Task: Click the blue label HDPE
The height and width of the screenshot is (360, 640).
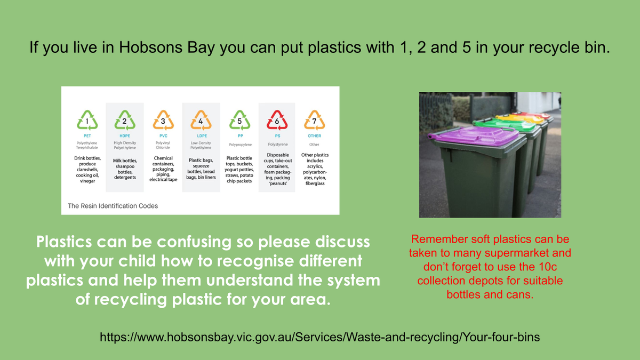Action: [125, 136]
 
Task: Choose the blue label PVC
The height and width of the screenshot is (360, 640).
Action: [163, 136]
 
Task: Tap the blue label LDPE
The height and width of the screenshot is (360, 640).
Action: [202, 136]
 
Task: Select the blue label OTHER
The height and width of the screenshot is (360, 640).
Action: [314, 136]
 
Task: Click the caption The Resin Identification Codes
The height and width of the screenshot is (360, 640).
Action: [113, 206]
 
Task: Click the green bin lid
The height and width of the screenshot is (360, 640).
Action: [505, 125]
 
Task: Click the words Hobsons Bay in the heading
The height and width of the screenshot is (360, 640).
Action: [166, 47]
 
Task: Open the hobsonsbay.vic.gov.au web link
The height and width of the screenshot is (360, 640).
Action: [319, 337]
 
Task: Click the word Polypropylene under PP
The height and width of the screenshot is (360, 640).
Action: [241, 145]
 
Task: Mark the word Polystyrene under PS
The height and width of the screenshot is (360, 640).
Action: [278, 145]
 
